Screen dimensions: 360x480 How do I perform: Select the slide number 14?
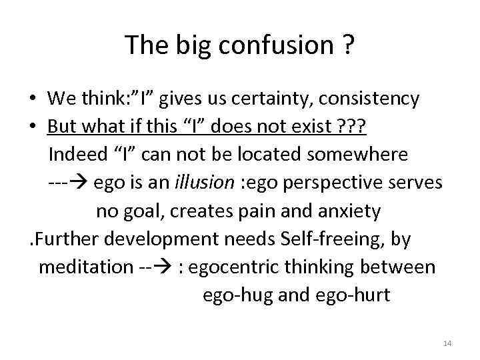point(447,343)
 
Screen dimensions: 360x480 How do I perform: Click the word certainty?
point(278,99)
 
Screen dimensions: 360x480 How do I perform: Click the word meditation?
point(86,267)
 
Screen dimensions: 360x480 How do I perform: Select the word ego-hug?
point(237,295)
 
